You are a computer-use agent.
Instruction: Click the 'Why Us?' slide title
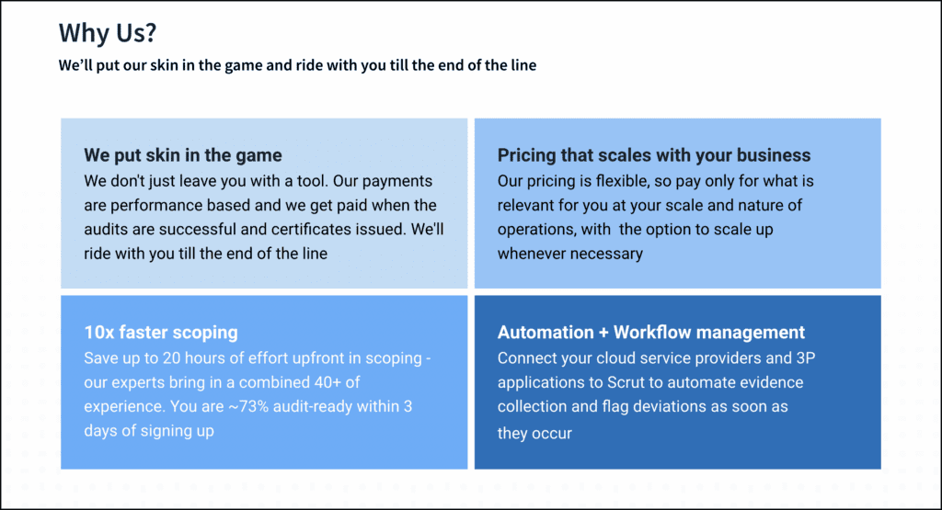(108, 32)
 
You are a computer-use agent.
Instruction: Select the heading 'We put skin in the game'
(183, 155)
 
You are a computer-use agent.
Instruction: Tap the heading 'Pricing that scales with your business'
(654, 155)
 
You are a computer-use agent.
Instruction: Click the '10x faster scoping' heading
(161, 333)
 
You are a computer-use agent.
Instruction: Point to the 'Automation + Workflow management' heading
(651, 333)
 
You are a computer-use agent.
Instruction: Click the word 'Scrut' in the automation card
(626, 383)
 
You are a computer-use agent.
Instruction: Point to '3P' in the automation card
(806, 358)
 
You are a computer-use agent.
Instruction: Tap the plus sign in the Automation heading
(603, 333)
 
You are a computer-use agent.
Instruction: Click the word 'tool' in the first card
(315, 181)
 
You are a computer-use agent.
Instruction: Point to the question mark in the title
(151, 33)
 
